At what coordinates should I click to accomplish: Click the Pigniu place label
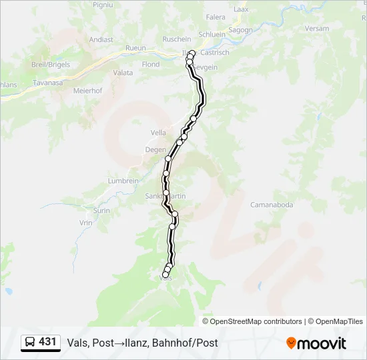[103, 5]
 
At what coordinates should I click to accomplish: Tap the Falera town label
[216, 17]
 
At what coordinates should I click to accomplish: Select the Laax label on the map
[241, 9]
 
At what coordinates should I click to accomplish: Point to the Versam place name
[336, 29]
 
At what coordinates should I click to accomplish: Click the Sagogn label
[241, 30]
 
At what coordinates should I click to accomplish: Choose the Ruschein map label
[177, 39]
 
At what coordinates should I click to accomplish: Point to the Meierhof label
[87, 90]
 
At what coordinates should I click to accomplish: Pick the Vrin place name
[85, 223]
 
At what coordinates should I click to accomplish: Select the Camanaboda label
[272, 205]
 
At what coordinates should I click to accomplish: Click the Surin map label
[101, 210]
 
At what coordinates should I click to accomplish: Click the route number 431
[48, 342]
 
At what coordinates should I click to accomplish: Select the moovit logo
[316, 343]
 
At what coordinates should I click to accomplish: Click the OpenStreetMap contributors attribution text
[256, 321]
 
